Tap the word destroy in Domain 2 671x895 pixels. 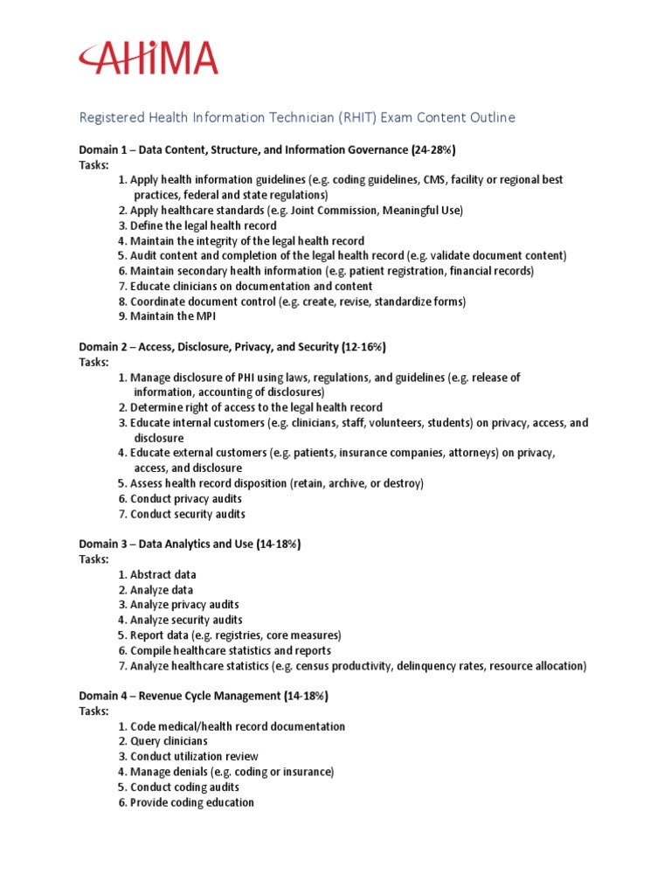pos(402,483)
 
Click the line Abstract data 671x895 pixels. pos(163,574)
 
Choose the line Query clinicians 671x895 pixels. pos(169,741)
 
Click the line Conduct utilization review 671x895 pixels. pos(194,756)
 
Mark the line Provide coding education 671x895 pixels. pos(192,802)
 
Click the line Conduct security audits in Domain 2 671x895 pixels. pos(187,514)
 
